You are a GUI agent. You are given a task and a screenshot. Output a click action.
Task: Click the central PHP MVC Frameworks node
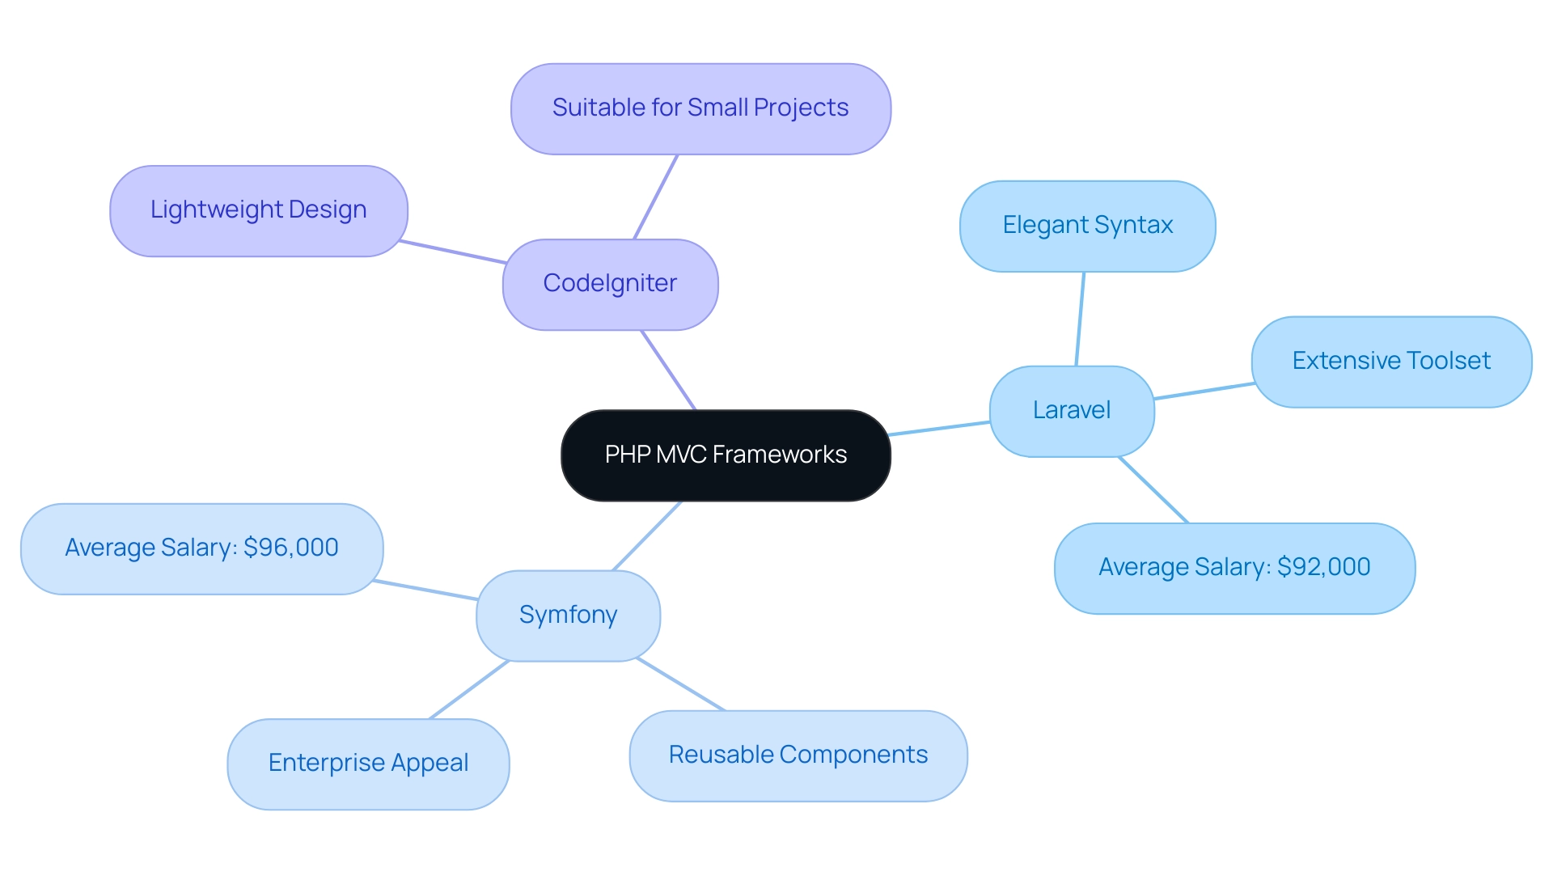tap(726, 455)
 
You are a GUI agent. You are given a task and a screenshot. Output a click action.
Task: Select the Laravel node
tap(1072, 411)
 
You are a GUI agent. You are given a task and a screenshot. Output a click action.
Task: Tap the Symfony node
tap(568, 616)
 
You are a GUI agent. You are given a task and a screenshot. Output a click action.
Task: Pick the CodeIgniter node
tap(610, 284)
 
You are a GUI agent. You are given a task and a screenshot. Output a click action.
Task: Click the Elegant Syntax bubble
tap(1087, 226)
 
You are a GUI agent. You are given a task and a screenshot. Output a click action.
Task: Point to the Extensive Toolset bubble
tap(1391, 362)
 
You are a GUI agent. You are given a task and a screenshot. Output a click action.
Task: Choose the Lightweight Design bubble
tap(258, 210)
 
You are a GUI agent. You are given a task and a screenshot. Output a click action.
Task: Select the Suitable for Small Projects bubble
tap(700, 108)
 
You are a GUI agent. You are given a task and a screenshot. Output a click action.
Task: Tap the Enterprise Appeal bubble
tap(368, 764)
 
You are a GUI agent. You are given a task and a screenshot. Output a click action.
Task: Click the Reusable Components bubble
tap(798, 755)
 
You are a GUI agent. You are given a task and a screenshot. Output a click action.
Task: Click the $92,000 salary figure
tap(1323, 567)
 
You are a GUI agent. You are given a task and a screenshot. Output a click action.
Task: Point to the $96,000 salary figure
tap(291, 548)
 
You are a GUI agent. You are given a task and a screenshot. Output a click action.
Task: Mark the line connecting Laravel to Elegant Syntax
tap(1080, 319)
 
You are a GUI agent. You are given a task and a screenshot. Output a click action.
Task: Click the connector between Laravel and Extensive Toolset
tap(1204, 391)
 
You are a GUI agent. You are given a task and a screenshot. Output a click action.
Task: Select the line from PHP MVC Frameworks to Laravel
tap(940, 428)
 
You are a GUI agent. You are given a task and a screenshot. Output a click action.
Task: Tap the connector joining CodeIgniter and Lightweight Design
tap(453, 252)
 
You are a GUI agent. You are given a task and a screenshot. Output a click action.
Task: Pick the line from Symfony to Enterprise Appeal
tap(469, 689)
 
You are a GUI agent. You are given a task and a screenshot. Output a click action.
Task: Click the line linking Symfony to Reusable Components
tap(680, 684)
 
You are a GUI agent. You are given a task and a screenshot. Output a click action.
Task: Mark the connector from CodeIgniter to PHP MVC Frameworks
tap(668, 370)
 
